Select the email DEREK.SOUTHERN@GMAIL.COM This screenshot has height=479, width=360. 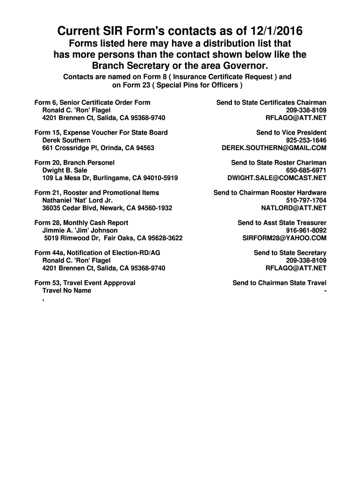tap(274, 148)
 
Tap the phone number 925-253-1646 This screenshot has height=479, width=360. tap(306, 140)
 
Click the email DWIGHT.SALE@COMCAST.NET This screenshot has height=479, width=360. tap(277, 178)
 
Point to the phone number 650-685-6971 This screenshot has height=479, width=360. tap(306, 170)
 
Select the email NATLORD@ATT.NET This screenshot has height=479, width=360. tap(294, 208)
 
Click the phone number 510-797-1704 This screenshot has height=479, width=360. tap(306, 200)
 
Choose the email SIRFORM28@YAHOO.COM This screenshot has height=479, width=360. tap(284, 238)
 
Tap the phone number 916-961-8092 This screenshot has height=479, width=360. tap(306, 231)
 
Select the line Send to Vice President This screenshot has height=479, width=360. tap(291, 133)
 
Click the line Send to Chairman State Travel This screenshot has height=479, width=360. tap(279, 283)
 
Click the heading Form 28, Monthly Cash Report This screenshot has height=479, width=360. tap(81, 223)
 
